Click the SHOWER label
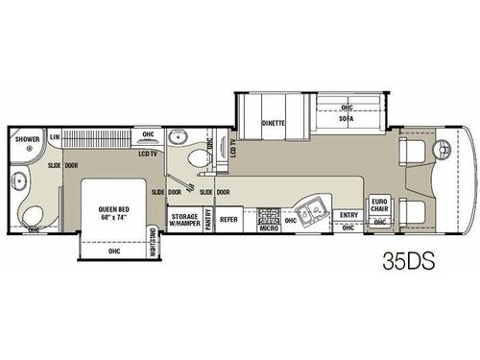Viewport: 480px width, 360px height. click(x=27, y=139)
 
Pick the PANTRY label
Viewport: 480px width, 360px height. click(x=208, y=220)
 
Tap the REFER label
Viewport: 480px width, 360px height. click(x=229, y=220)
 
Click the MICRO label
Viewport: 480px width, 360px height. click(x=268, y=229)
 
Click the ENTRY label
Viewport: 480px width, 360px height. click(x=348, y=216)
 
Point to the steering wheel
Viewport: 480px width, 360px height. click(x=443, y=150)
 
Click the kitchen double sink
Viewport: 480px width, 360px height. click(x=310, y=213)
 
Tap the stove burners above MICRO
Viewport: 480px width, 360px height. click(x=268, y=216)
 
